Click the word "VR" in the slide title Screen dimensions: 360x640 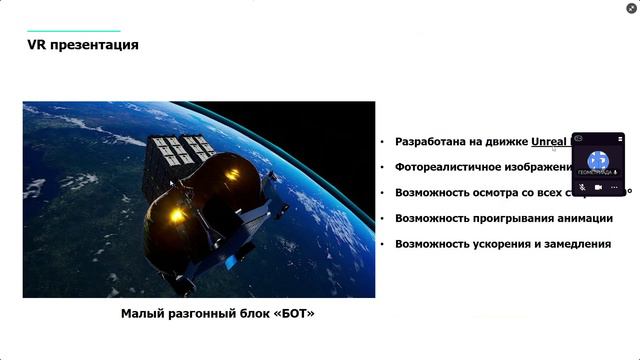pos(37,45)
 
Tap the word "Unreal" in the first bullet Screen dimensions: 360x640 pos(549,142)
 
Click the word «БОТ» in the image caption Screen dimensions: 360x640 pos(291,314)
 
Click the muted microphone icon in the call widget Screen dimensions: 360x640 pos(582,187)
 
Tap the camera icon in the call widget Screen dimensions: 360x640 pos(598,187)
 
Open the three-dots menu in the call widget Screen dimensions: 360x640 pos(615,187)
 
